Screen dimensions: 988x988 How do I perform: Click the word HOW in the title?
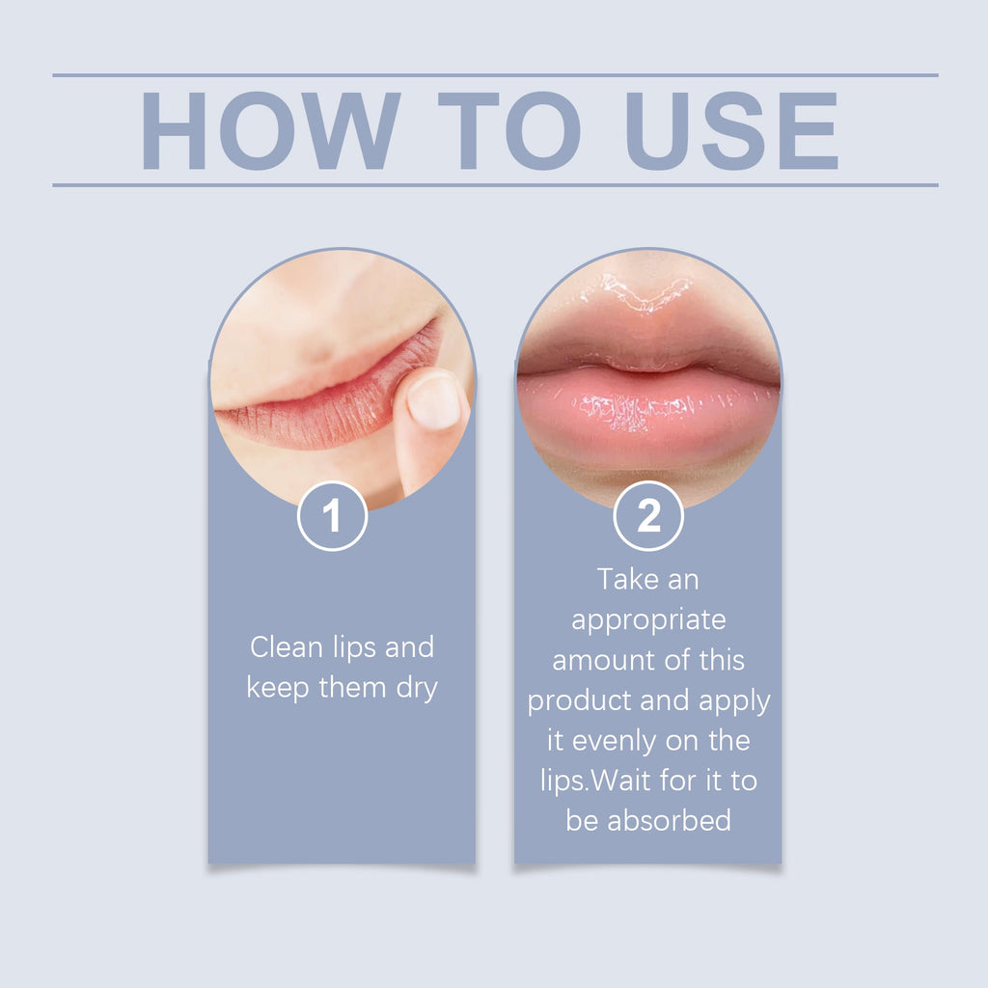[270, 131]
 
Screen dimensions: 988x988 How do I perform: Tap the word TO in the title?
[509, 131]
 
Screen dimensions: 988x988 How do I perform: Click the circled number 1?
[332, 517]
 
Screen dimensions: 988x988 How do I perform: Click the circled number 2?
[648, 517]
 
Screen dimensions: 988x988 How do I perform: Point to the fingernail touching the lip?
[433, 401]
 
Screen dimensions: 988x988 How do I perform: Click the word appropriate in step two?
[648, 619]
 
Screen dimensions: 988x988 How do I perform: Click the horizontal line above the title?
[494, 75]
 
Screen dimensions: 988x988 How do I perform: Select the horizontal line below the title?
[494, 184]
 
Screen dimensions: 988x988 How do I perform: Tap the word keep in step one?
[277, 689]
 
